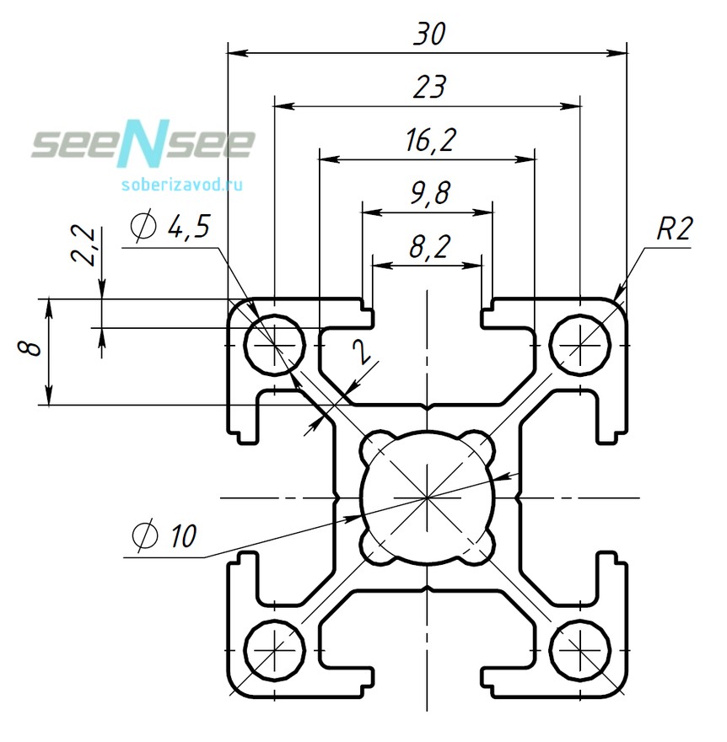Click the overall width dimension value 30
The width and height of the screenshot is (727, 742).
428,35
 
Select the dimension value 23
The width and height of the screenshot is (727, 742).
428,88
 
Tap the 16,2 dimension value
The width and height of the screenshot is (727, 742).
428,141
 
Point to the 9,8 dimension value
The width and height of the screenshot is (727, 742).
428,195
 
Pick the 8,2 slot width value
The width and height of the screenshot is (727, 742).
428,247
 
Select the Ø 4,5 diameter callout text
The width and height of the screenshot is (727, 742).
171,227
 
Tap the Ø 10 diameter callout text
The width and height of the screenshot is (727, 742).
164,535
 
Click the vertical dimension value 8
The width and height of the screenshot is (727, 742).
32,349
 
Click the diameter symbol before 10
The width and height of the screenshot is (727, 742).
143,535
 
